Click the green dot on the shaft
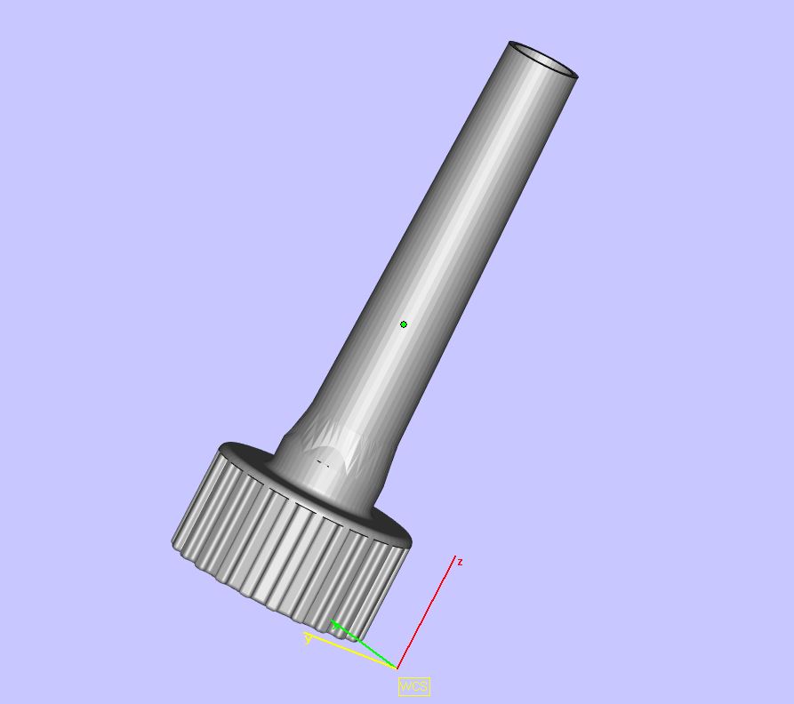pyautogui.click(x=404, y=324)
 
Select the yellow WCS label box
pyautogui.click(x=414, y=686)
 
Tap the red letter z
pyautogui.click(x=460, y=562)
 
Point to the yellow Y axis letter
pyautogui.click(x=309, y=640)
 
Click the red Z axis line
pyautogui.click(x=426, y=612)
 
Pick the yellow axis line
pyautogui.click(x=350, y=651)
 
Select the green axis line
pyautogui.click(x=364, y=644)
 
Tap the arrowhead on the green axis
pyautogui.click(x=335, y=624)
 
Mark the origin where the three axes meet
pyautogui.click(x=397, y=668)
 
